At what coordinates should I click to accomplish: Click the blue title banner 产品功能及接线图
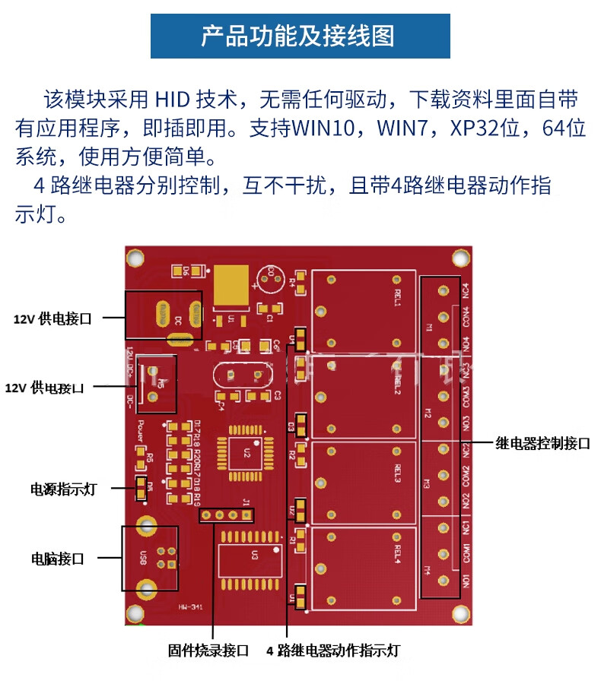coord(300,36)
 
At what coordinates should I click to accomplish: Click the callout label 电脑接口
coord(57,559)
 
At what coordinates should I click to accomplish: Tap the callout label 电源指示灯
coord(63,489)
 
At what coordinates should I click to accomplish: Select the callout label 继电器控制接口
coord(542,444)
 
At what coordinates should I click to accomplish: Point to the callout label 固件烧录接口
coord(208,651)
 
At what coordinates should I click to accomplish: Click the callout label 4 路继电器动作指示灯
coord(332,651)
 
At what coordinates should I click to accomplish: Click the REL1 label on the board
coord(397,297)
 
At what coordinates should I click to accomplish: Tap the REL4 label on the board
coord(397,553)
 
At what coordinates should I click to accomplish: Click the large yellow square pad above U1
coord(232,285)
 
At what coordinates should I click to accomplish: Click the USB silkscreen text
coord(142,559)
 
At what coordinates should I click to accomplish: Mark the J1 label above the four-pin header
coord(246,501)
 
